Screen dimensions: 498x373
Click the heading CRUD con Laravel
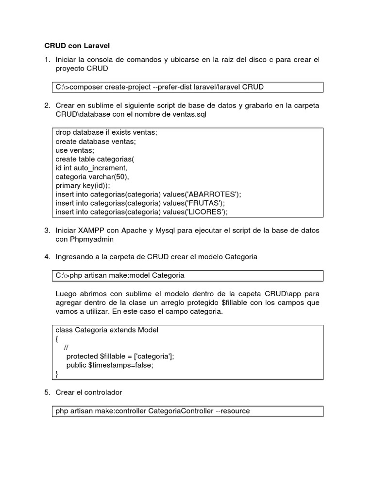(x=77, y=46)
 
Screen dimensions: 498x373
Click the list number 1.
(x=47, y=60)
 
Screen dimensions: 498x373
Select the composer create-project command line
(x=160, y=87)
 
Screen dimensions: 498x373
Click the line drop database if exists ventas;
(x=106, y=133)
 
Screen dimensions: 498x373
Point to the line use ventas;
(x=75, y=150)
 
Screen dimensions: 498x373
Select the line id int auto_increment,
(x=91, y=168)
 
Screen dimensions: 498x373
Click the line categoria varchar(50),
(x=92, y=177)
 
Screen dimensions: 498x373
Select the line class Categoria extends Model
(x=107, y=330)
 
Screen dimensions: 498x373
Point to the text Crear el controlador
(x=89, y=392)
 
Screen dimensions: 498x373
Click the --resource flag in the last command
(x=233, y=411)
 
